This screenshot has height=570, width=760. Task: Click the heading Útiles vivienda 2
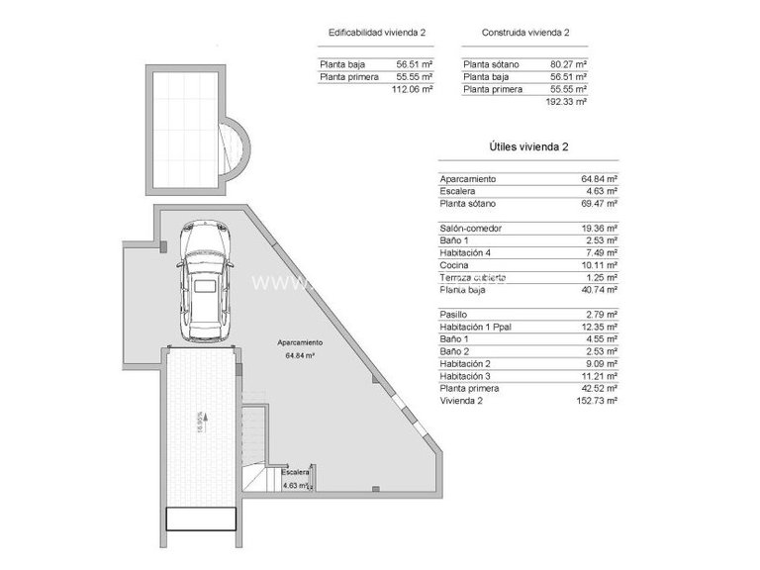click(x=528, y=146)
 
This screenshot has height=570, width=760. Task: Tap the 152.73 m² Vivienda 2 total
click(x=597, y=401)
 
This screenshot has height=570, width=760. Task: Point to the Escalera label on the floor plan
click(x=295, y=473)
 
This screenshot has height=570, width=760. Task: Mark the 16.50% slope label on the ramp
click(x=199, y=424)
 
